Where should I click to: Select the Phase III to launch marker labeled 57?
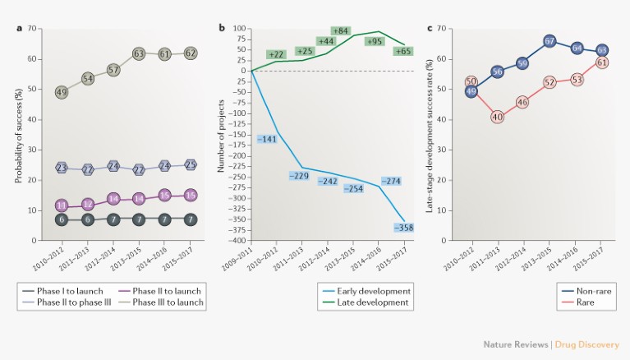pos(114,70)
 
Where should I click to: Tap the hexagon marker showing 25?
pos(190,164)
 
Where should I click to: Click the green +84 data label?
pos(342,31)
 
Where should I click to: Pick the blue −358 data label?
pos(404,227)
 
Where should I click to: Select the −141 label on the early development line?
pos(269,140)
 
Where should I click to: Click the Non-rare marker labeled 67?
pos(550,41)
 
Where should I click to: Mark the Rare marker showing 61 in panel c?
pos(600,62)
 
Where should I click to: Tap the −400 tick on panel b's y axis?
pos(237,240)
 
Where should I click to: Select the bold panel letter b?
pos(221,28)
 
